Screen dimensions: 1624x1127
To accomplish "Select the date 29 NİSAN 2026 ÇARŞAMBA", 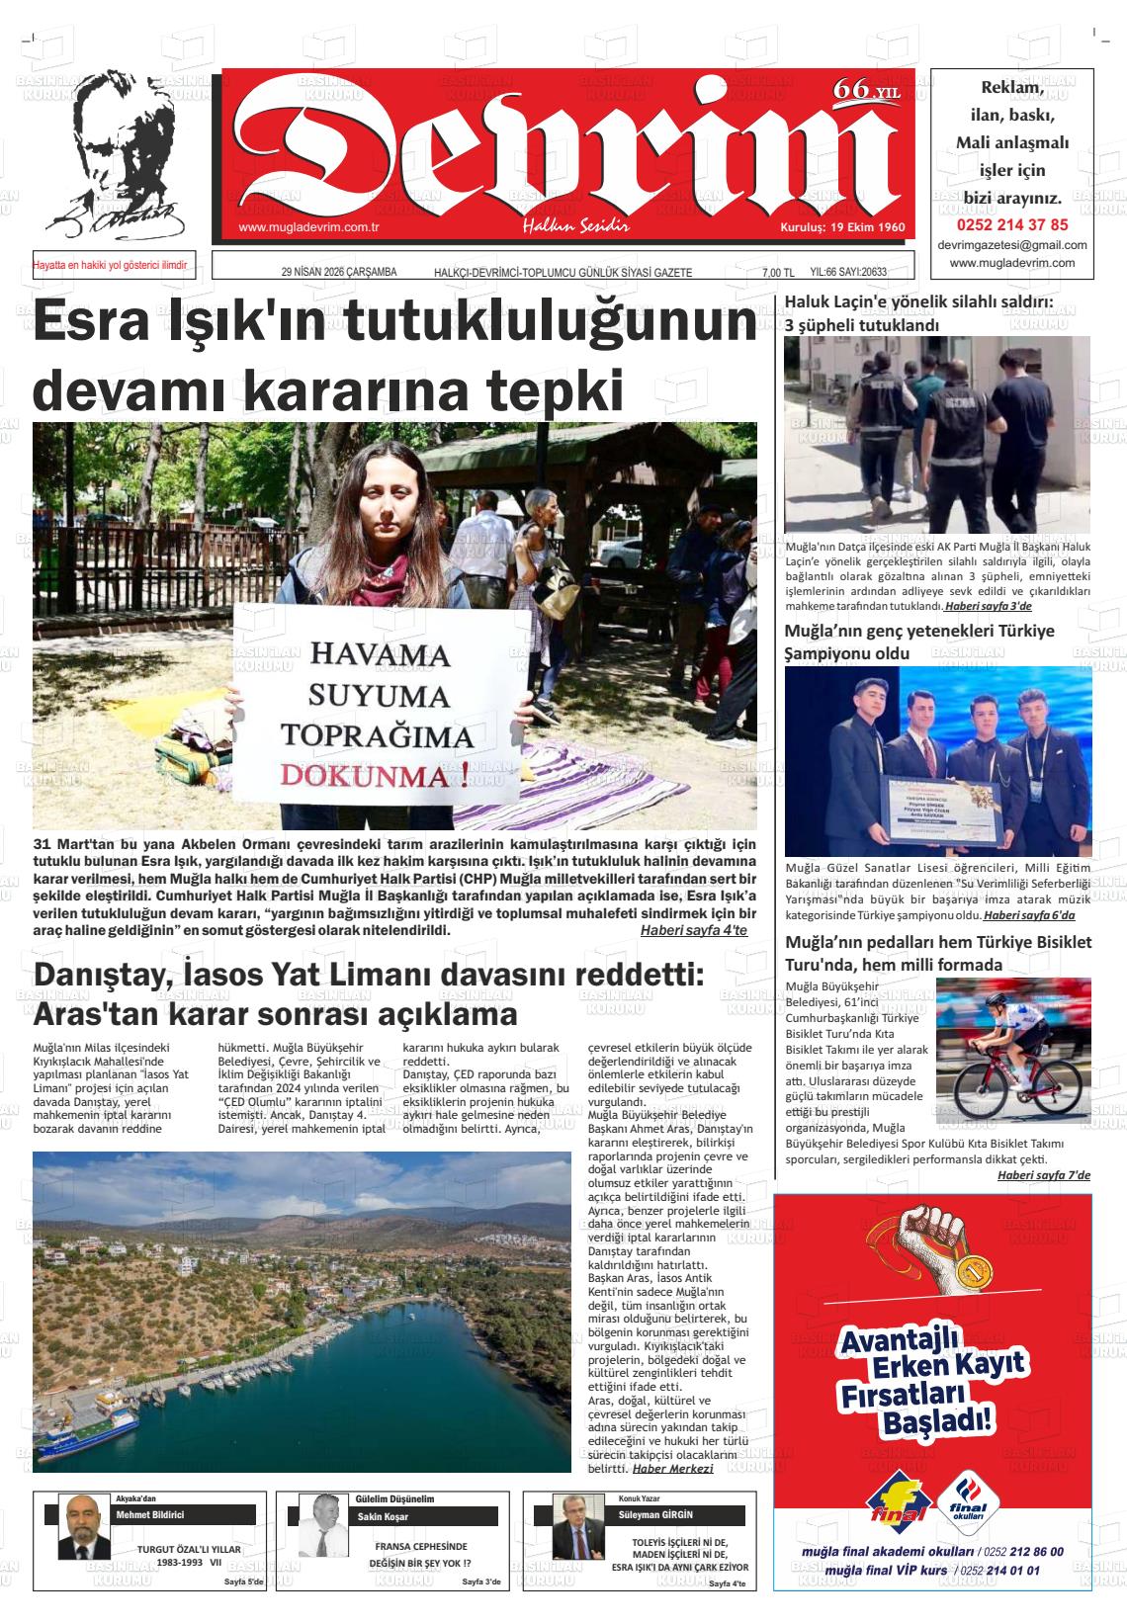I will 339,273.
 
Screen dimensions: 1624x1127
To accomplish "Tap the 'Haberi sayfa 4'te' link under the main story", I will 693,931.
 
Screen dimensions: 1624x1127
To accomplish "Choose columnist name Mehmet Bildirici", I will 150,1515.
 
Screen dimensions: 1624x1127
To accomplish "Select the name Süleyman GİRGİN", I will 655,1515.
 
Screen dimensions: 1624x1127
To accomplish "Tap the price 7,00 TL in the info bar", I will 777,273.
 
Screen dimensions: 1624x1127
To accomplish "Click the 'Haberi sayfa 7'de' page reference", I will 1043,1175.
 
